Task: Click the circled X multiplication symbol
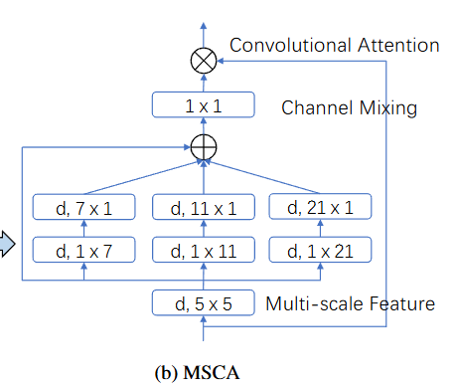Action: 203,62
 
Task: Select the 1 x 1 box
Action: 203,104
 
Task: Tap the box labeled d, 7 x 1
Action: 83,207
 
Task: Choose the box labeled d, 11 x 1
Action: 203,207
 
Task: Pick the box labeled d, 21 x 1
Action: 322,207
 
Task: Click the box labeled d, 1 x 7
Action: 83,250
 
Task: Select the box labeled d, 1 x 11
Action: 203,250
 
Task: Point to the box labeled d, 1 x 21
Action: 322,250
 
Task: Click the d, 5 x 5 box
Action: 203,302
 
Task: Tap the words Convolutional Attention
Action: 334,45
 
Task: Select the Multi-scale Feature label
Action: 350,302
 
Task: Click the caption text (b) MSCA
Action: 199,373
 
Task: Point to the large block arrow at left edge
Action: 7,243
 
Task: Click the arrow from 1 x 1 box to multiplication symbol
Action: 203,83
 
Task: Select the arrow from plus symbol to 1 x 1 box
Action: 203,126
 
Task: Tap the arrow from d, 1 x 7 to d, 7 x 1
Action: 83,229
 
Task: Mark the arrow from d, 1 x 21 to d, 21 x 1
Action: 322,229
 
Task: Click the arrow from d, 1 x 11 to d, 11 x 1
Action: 203,229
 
